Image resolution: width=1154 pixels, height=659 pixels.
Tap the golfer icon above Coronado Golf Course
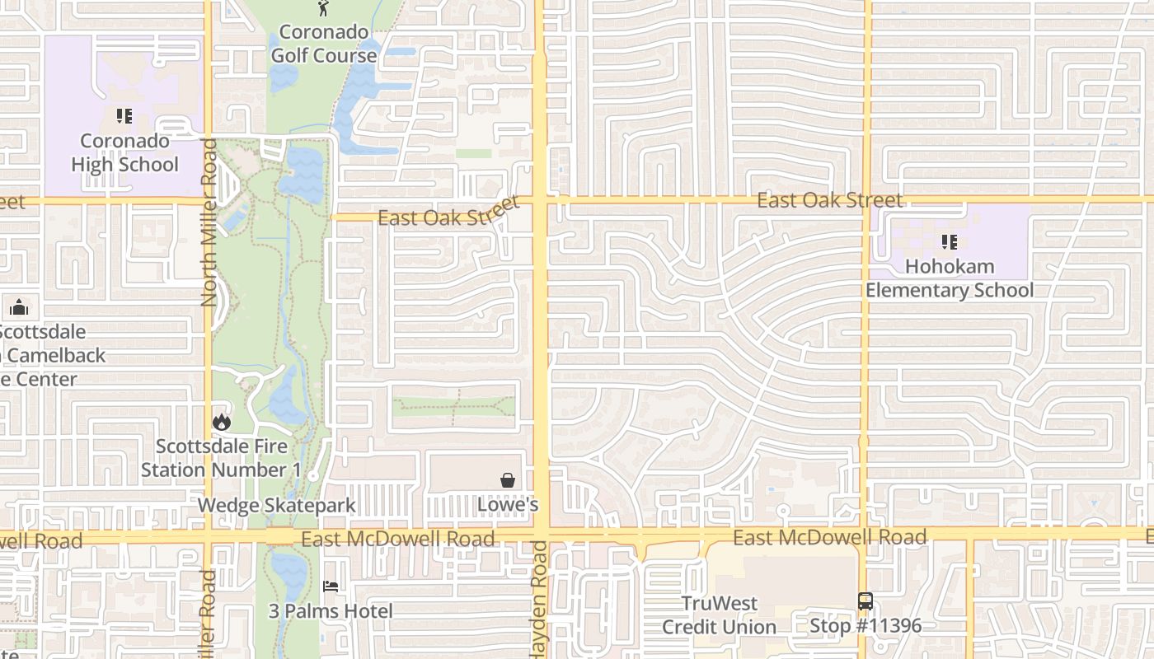coord(323,9)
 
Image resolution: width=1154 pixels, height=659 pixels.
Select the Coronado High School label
coord(124,152)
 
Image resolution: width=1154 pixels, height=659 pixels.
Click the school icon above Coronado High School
coord(124,116)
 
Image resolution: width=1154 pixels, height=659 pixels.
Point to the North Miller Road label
coord(209,222)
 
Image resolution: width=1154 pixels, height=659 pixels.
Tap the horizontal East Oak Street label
coord(829,200)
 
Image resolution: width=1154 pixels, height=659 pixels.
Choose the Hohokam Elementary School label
coord(950,278)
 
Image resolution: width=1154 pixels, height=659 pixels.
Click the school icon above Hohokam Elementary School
coord(950,242)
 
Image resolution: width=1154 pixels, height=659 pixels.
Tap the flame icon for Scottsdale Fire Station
coord(221,422)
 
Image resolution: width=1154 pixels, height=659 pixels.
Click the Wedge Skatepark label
coord(277,505)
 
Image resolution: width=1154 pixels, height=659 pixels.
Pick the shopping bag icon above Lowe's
coord(509,479)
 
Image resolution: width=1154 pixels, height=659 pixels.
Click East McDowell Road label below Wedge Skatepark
coord(398,539)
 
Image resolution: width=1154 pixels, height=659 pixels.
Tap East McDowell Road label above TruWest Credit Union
coord(829,538)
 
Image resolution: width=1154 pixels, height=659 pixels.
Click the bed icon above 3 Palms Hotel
coord(331,587)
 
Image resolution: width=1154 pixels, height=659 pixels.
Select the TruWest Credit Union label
coord(720,615)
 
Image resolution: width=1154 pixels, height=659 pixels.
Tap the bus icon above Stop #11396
coord(865,601)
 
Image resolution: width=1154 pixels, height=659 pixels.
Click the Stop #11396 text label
coord(865,626)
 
